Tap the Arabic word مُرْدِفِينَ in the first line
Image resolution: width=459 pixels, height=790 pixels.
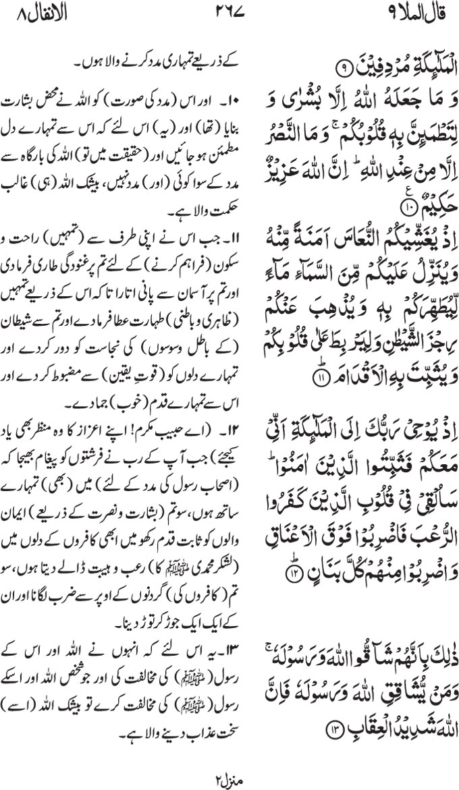coord(383,65)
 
